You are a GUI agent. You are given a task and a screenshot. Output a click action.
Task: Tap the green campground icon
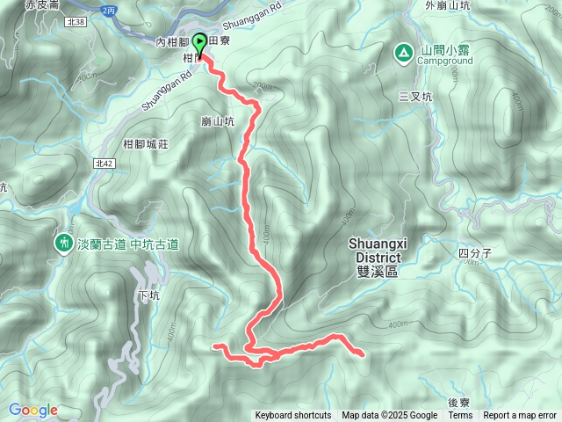click(x=403, y=53)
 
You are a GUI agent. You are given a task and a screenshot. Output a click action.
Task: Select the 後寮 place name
click(x=459, y=403)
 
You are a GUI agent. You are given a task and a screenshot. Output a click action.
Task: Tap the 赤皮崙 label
click(x=41, y=4)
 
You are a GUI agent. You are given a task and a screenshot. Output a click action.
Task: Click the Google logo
click(x=33, y=410)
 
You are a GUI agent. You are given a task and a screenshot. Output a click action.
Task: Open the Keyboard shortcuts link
click(x=293, y=416)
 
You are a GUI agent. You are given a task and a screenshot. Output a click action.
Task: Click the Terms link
click(x=460, y=416)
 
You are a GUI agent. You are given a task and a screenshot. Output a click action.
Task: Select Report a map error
click(x=520, y=416)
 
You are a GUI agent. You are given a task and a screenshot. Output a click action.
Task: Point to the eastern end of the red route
click(x=363, y=353)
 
